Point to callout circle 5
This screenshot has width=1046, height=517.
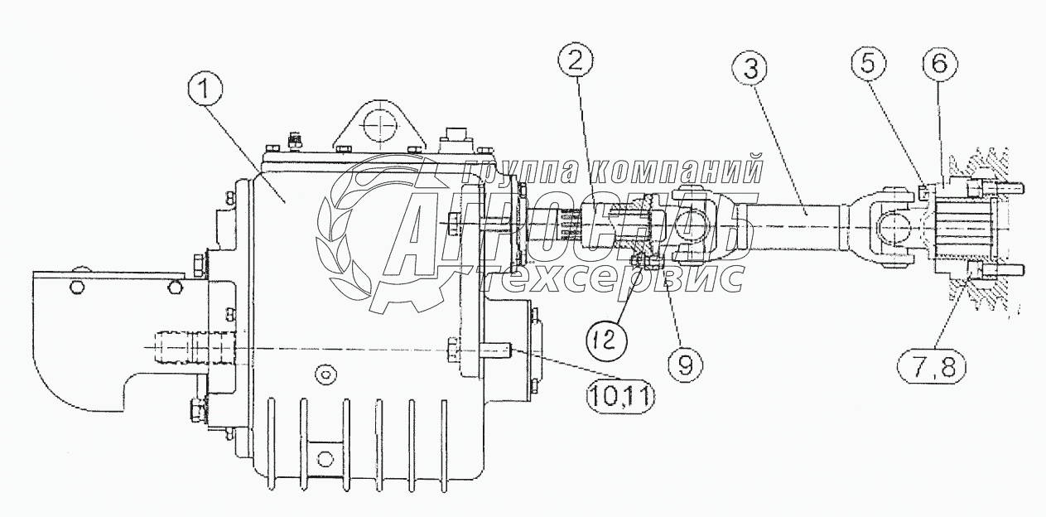pos(870,63)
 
